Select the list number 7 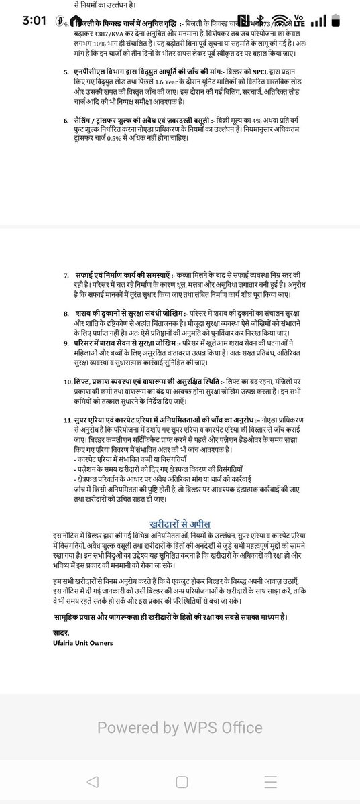66,276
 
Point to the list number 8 66,313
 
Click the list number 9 66,343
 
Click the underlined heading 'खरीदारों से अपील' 181,506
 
